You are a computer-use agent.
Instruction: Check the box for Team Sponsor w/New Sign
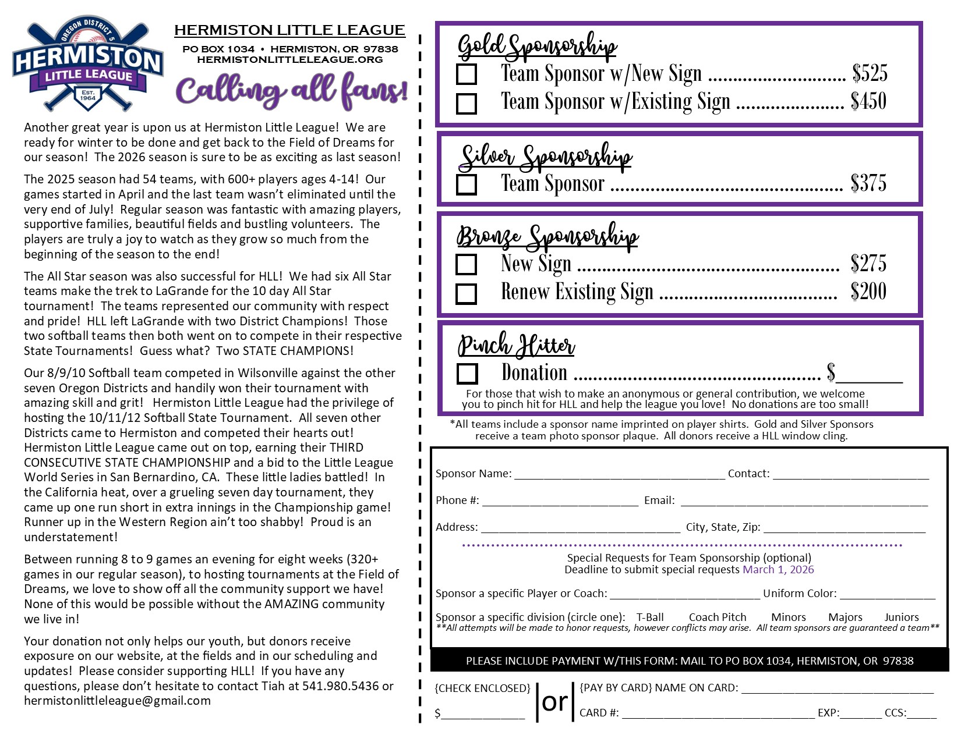[467, 74]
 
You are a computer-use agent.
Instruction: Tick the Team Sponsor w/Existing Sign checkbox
[467, 104]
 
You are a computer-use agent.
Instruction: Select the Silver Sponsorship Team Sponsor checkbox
[467, 184]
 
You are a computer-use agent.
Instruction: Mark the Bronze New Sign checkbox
[467, 264]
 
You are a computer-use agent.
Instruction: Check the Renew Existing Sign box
[467, 293]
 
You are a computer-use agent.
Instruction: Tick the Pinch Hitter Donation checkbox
[467, 374]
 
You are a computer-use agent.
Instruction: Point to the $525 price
[870, 73]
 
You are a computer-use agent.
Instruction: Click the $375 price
[868, 183]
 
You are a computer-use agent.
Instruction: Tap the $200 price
[868, 292]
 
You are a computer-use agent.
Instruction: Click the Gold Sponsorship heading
[537, 46]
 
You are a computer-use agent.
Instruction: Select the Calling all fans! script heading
[291, 90]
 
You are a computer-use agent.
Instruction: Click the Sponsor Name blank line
[619, 475]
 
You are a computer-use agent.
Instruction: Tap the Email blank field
[804, 502]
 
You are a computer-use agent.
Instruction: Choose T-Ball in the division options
[650, 617]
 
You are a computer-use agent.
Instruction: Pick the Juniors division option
[902, 617]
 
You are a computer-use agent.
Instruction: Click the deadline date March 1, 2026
[778, 570]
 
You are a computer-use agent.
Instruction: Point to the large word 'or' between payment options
[554, 702]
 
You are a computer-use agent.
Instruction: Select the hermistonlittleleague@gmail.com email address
[117, 701]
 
